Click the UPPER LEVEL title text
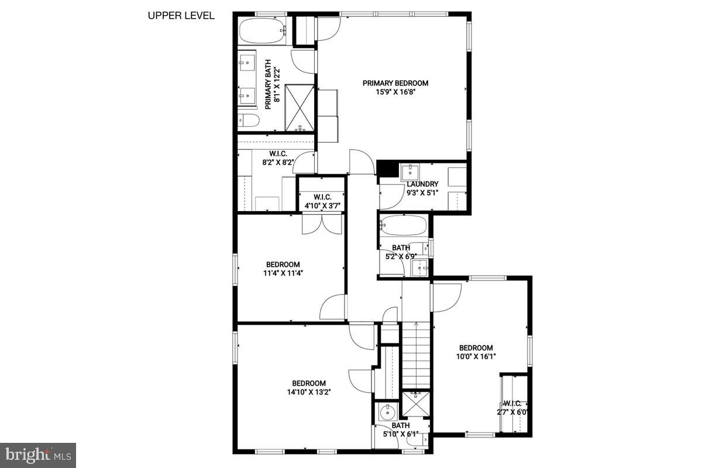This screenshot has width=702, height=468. pos(181,16)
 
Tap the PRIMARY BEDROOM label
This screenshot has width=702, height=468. pos(395,83)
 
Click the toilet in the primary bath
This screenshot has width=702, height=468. pos(249,121)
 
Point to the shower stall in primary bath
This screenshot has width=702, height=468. pos(300,108)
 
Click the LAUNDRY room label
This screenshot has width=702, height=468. pos(422,184)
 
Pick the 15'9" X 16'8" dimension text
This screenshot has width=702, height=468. pos(395,92)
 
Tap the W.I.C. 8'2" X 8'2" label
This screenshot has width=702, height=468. pos(277,159)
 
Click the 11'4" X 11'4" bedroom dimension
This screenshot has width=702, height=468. pos(283,273)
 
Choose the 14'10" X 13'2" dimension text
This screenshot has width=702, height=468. pos(309,393)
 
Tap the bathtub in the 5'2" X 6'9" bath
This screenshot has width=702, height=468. pos(403,225)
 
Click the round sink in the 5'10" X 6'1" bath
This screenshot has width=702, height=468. pos(386,412)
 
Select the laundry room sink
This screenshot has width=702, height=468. pos(410,171)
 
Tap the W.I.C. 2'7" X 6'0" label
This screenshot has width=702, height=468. pos(513,407)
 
